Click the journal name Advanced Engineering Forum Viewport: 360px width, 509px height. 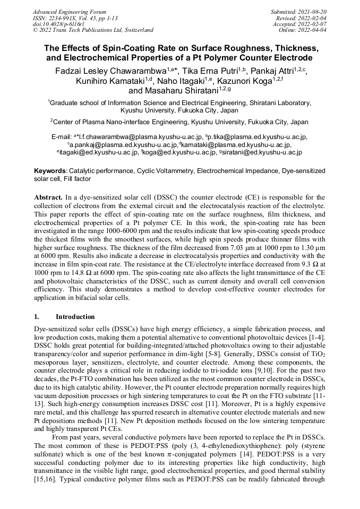point(69,12)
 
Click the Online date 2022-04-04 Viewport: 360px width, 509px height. point(313,30)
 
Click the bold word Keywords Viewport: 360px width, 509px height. point(49,171)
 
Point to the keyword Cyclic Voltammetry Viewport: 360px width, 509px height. point(167,171)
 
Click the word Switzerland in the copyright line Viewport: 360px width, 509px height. point(135,30)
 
